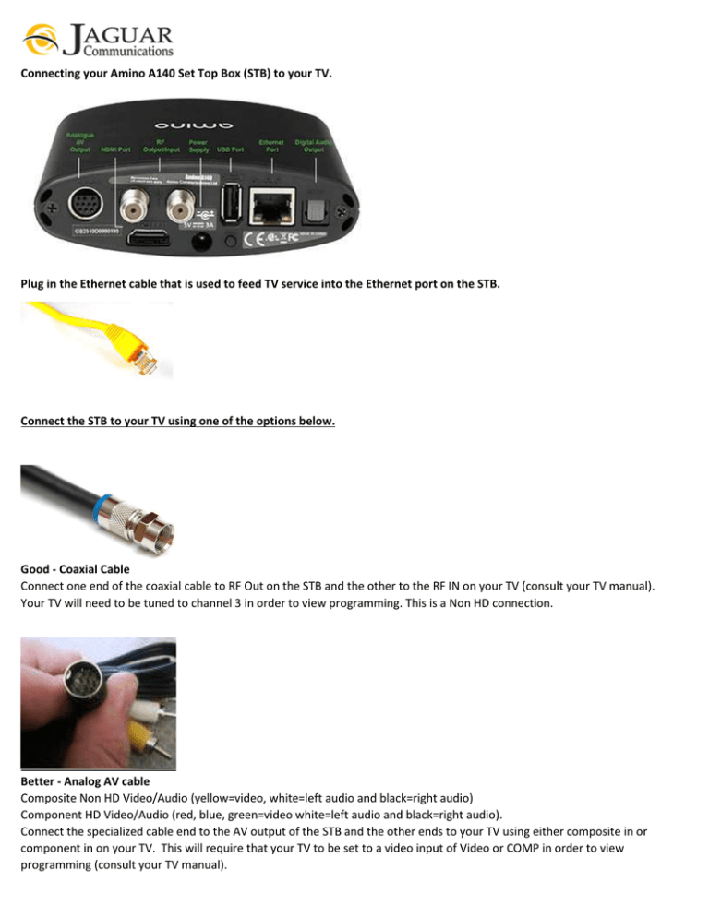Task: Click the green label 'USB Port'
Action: coord(231,148)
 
